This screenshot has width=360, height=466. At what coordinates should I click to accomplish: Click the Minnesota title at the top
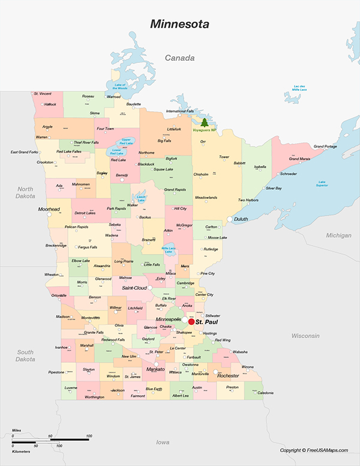click(180, 25)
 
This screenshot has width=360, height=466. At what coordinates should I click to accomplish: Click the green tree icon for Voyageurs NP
click(202, 122)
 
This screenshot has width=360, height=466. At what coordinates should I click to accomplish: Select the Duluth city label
click(241, 220)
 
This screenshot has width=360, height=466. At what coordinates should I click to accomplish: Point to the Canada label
click(181, 58)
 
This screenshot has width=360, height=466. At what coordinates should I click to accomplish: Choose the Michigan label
click(338, 235)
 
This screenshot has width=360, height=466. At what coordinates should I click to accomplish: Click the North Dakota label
click(25, 192)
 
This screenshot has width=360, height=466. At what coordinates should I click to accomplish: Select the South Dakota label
click(25, 356)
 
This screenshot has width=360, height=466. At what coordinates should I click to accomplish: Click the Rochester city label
click(228, 376)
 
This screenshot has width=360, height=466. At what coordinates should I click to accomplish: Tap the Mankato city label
click(155, 369)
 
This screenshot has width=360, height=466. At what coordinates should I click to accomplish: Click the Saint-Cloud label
click(135, 288)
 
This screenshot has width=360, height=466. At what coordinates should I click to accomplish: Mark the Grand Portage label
click(325, 147)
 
